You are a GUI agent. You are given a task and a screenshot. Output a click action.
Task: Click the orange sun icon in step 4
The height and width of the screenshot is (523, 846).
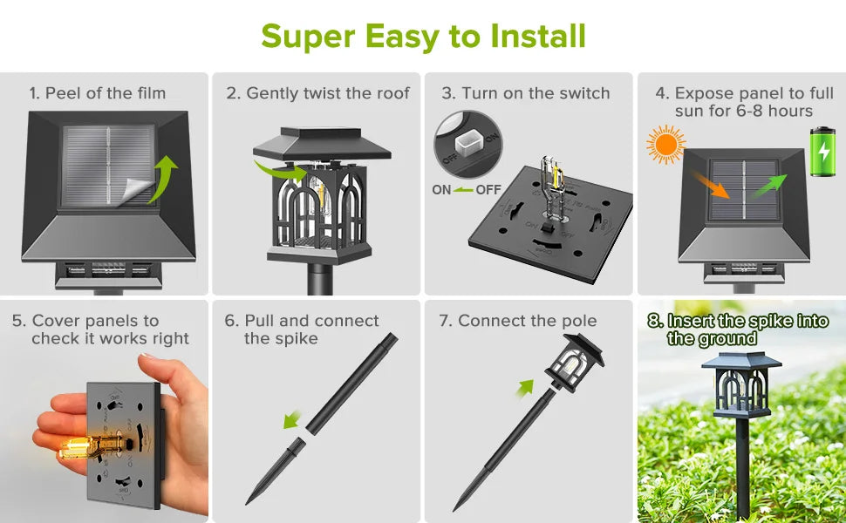666,145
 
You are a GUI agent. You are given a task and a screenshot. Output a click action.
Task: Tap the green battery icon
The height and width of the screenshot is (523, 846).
822,153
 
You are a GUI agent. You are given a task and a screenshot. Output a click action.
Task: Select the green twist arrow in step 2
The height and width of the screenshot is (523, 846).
278,169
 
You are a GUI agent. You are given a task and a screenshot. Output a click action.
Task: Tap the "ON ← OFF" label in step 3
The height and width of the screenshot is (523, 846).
466,189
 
